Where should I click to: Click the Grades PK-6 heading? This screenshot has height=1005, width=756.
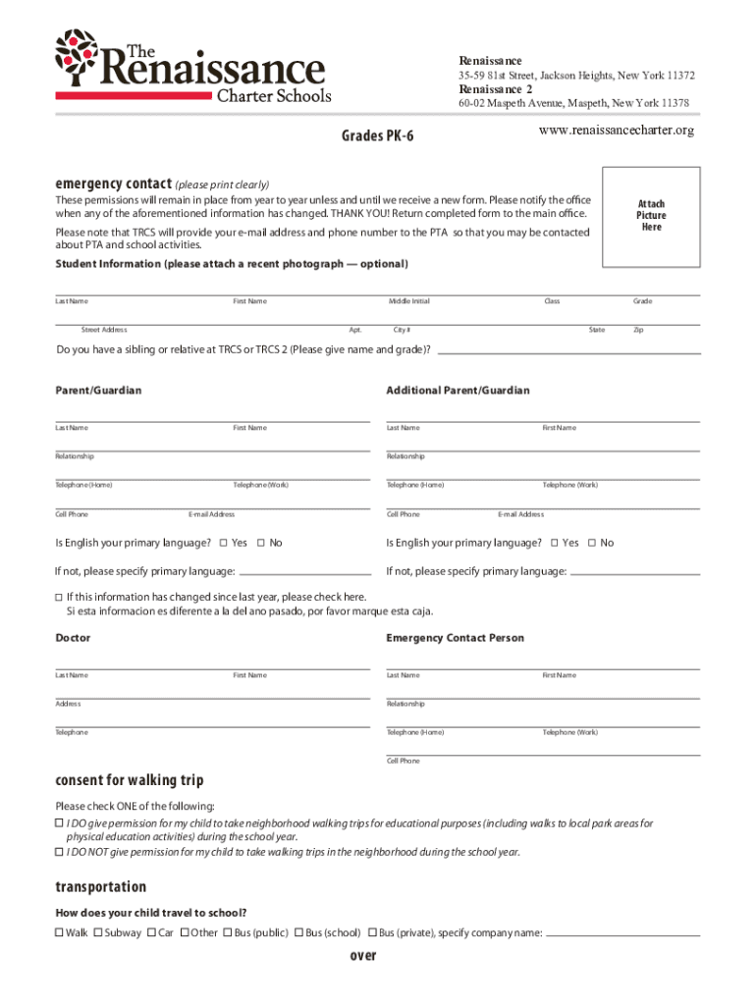(376, 135)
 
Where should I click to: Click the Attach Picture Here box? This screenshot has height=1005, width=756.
(650, 215)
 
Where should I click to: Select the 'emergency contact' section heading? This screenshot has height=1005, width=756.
(114, 184)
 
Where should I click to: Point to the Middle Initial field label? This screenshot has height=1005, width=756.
(408, 301)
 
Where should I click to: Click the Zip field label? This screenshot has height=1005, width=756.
(638, 330)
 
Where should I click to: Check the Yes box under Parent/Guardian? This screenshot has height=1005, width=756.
(224, 543)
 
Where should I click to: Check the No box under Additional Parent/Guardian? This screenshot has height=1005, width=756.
(591, 543)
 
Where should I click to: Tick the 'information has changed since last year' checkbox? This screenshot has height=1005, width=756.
(58, 597)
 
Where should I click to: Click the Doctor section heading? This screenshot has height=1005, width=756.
(73, 638)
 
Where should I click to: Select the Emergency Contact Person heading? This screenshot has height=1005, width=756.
(455, 638)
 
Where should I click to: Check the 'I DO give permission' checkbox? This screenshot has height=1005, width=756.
(58, 823)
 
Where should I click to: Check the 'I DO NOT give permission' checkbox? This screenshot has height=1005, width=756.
(58, 852)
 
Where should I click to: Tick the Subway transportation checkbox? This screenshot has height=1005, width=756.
(97, 932)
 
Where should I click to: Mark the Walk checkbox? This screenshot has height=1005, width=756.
(59, 932)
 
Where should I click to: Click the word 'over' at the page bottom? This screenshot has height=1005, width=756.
(363, 956)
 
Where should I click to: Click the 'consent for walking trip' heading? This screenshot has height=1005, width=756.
(129, 780)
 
